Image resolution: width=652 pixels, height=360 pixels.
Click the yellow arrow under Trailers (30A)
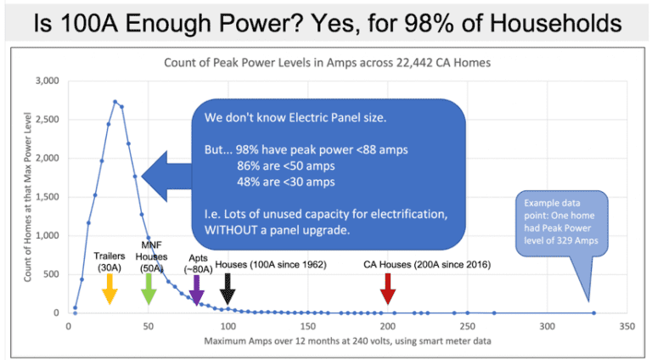[x=109, y=294]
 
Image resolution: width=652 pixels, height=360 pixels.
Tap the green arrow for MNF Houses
[x=149, y=294]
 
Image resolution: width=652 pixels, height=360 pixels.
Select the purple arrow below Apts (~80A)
[x=196, y=294]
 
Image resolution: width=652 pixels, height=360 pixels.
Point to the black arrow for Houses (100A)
[x=228, y=294]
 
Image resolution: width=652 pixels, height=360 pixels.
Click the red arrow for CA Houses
[x=388, y=294]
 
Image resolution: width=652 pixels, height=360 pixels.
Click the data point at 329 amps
[x=593, y=312]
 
